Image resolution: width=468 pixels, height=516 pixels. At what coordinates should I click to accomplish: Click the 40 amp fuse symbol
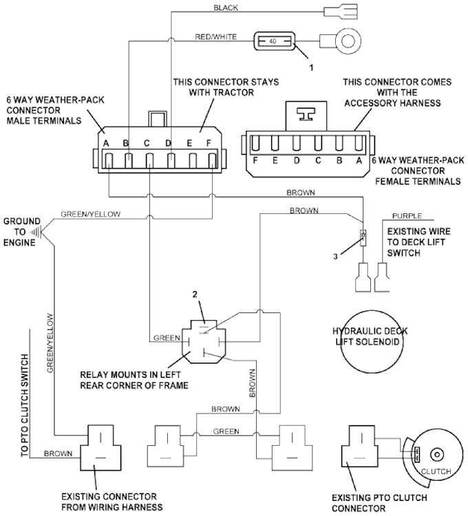[x=274, y=41]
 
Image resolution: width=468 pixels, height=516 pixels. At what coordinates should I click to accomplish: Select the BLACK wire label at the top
[x=226, y=8]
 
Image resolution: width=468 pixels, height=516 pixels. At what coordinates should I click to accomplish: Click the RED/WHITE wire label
[x=216, y=36]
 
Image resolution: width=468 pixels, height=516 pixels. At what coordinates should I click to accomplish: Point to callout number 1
[x=311, y=68]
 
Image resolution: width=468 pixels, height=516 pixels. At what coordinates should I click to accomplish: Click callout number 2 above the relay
[x=195, y=294]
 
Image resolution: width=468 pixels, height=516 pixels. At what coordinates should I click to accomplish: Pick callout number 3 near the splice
[x=335, y=257]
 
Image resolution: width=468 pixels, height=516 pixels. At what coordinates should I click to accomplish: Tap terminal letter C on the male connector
[x=147, y=144]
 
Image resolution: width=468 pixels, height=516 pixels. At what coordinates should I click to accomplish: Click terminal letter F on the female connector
[x=255, y=160]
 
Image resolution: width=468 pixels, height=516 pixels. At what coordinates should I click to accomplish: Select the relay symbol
[x=204, y=342]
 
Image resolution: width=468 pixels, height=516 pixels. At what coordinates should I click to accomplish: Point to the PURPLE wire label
[x=407, y=216]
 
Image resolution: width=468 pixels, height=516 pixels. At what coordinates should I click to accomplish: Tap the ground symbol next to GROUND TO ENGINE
[x=37, y=231]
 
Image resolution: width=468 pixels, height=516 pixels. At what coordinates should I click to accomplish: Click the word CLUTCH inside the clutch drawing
[x=436, y=471]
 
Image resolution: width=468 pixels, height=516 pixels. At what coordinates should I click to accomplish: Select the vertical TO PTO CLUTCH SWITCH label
[x=25, y=405]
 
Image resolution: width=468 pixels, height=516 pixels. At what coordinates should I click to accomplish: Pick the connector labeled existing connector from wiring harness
[x=100, y=448]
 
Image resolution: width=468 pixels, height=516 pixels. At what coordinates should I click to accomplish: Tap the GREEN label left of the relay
[x=167, y=338]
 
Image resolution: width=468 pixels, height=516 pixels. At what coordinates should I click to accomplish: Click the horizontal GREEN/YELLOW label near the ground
[x=91, y=214]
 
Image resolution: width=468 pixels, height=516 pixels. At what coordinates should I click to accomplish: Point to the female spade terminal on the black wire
[x=341, y=12]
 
